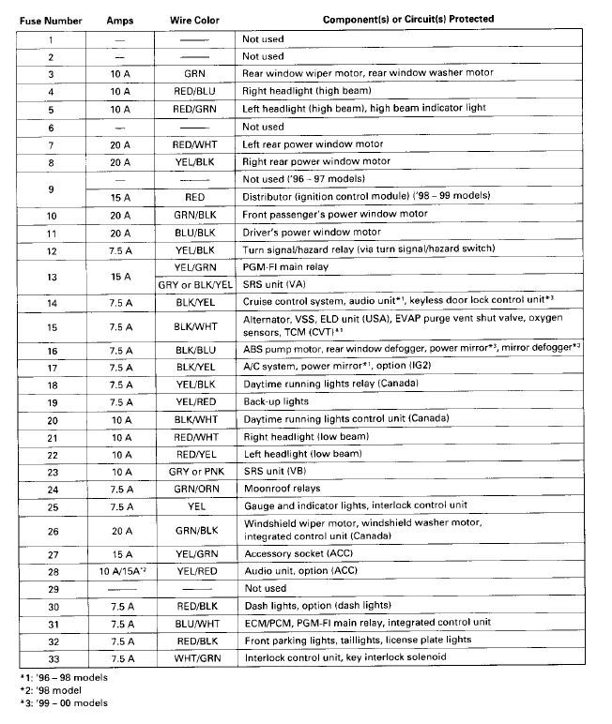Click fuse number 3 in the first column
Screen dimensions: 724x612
[x=51, y=73]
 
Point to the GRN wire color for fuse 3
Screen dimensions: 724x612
[x=195, y=73]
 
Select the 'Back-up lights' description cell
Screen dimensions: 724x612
[x=277, y=401]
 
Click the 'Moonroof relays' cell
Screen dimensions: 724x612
[x=282, y=489]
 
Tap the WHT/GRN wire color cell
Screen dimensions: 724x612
[x=196, y=657]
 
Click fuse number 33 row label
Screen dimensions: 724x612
[x=51, y=657]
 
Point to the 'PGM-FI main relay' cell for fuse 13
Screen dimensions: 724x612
[x=285, y=267]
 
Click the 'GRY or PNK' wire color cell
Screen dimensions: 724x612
[x=195, y=471]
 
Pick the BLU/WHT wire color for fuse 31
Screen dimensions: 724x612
[x=195, y=623]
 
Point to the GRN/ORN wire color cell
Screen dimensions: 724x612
[x=195, y=489]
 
